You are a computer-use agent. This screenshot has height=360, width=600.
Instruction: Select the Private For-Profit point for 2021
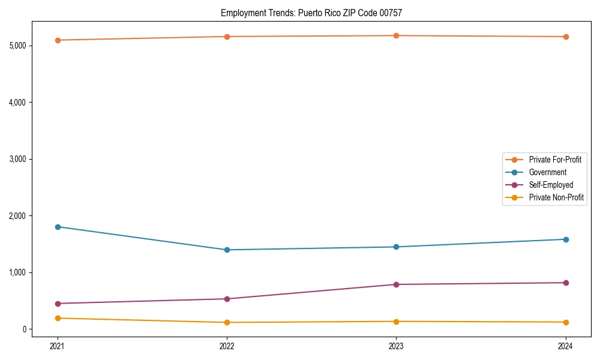pos(58,40)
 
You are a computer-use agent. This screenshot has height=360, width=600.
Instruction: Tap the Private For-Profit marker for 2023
pos(397,36)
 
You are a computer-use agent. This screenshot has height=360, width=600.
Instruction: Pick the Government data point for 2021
pos(58,227)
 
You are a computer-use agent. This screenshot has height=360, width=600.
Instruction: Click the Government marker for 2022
pos(227,250)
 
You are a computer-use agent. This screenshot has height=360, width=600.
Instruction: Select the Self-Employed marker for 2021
pos(58,304)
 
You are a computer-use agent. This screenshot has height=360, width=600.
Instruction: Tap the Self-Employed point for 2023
pos(397,284)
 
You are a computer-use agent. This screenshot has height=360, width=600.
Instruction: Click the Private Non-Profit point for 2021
pos(58,318)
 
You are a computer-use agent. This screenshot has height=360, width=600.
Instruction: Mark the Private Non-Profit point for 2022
pos(227,322)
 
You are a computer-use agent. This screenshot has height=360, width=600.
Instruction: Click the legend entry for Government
pos(547,172)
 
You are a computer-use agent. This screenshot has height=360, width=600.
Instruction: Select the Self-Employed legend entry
pos(551,185)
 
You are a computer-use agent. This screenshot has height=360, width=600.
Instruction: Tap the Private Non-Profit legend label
pos(556,197)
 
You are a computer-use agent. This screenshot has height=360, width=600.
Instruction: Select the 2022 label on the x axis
pos(227,346)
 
